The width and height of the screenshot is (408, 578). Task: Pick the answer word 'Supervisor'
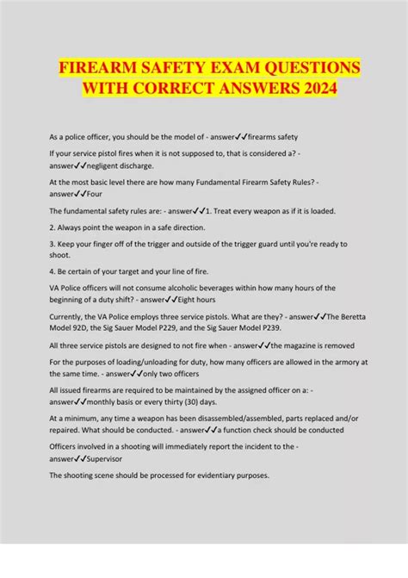click(103, 459)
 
